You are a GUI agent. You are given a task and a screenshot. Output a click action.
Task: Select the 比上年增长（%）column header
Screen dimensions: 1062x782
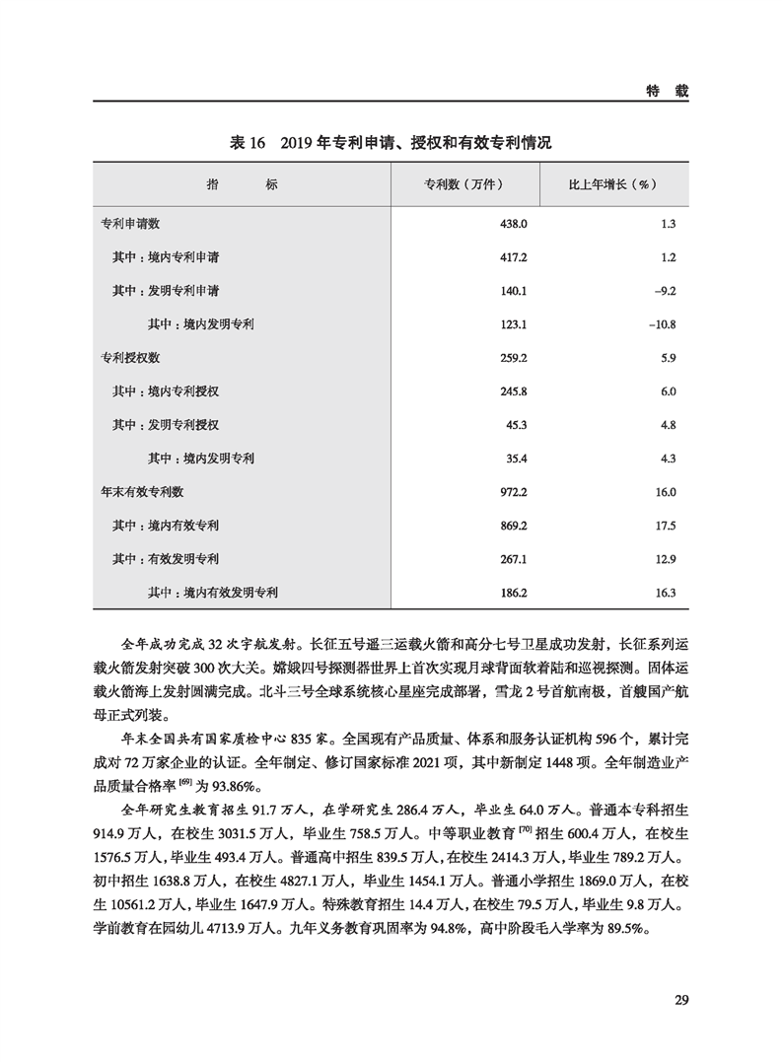(x=613, y=185)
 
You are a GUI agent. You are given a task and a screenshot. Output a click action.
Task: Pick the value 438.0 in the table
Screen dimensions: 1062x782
(x=515, y=224)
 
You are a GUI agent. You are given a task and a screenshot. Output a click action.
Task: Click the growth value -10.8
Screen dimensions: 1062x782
(x=661, y=323)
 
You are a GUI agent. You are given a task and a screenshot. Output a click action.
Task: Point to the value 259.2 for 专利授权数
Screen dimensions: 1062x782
(x=515, y=357)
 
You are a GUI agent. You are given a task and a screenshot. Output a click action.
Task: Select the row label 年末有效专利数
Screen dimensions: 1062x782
(x=143, y=490)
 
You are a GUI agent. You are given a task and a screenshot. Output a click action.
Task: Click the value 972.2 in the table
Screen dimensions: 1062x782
(x=515, y=491)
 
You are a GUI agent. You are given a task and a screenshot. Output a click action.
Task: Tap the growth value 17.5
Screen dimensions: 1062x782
(x=665, y=525)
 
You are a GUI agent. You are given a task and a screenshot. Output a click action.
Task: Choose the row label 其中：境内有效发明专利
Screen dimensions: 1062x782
(x=213, y=593)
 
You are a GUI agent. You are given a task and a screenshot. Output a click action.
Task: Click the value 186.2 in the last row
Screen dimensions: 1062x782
(x=515, y=593)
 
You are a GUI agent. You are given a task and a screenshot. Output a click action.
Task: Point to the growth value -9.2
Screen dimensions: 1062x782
(x=664, y=291)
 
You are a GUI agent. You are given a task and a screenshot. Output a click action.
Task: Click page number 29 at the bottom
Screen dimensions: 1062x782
(x=680, y=1001)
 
